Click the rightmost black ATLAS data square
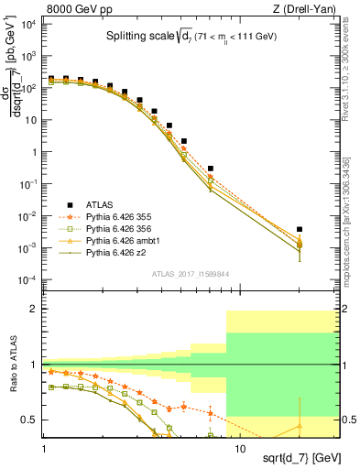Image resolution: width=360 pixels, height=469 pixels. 300,229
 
